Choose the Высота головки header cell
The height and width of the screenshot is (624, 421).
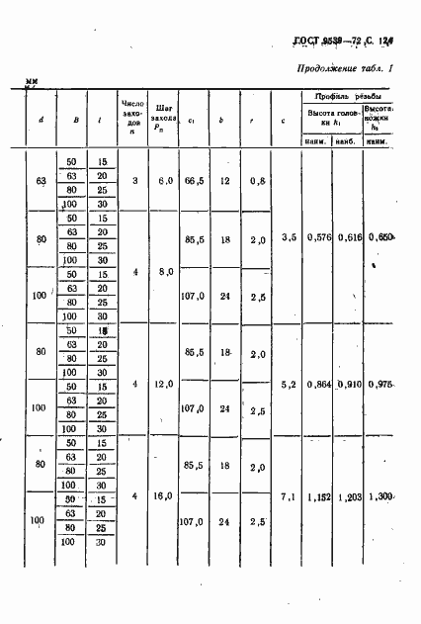(331, 119)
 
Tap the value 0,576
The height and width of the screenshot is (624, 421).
(318, 237)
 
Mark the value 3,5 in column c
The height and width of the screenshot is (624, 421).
(289, 237)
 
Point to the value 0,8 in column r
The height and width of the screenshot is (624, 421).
(258, 182)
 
